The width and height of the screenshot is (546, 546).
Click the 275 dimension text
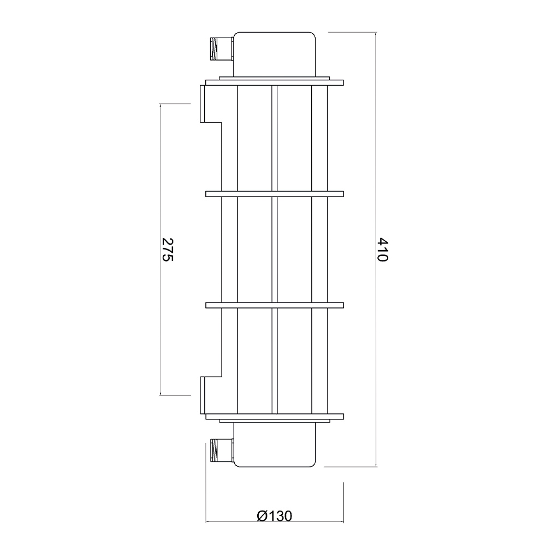(x=168, y=250)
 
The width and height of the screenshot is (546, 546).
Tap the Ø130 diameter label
(x=275, y=516)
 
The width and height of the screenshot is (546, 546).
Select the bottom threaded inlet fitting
(x=222, y=450)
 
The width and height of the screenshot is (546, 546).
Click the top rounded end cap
(x=275, y=54)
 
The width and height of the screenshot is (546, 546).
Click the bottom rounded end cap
(x=275, y=444)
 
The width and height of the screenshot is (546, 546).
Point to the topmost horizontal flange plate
(x=275, y=83)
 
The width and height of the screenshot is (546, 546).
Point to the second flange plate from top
(x=275, y=194)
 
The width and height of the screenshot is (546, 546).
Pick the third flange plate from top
(x=275, y=305)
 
